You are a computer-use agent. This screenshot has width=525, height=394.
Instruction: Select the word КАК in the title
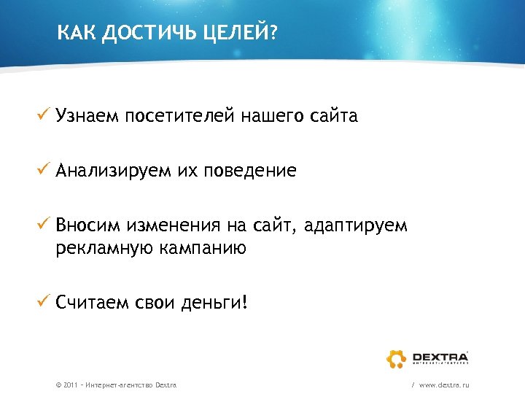click(76, 33)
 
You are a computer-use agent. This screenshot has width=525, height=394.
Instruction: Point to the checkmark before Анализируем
click(44, 170)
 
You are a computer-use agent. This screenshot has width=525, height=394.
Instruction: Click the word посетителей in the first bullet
click(186, 116)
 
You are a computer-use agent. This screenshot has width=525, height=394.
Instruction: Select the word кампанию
click(204, 249)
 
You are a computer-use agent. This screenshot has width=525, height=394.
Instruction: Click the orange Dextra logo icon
click(396, 358)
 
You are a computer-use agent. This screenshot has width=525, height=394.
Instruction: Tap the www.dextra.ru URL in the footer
click(444, 384)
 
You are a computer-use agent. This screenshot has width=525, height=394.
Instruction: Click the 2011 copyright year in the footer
click(71, 384)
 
